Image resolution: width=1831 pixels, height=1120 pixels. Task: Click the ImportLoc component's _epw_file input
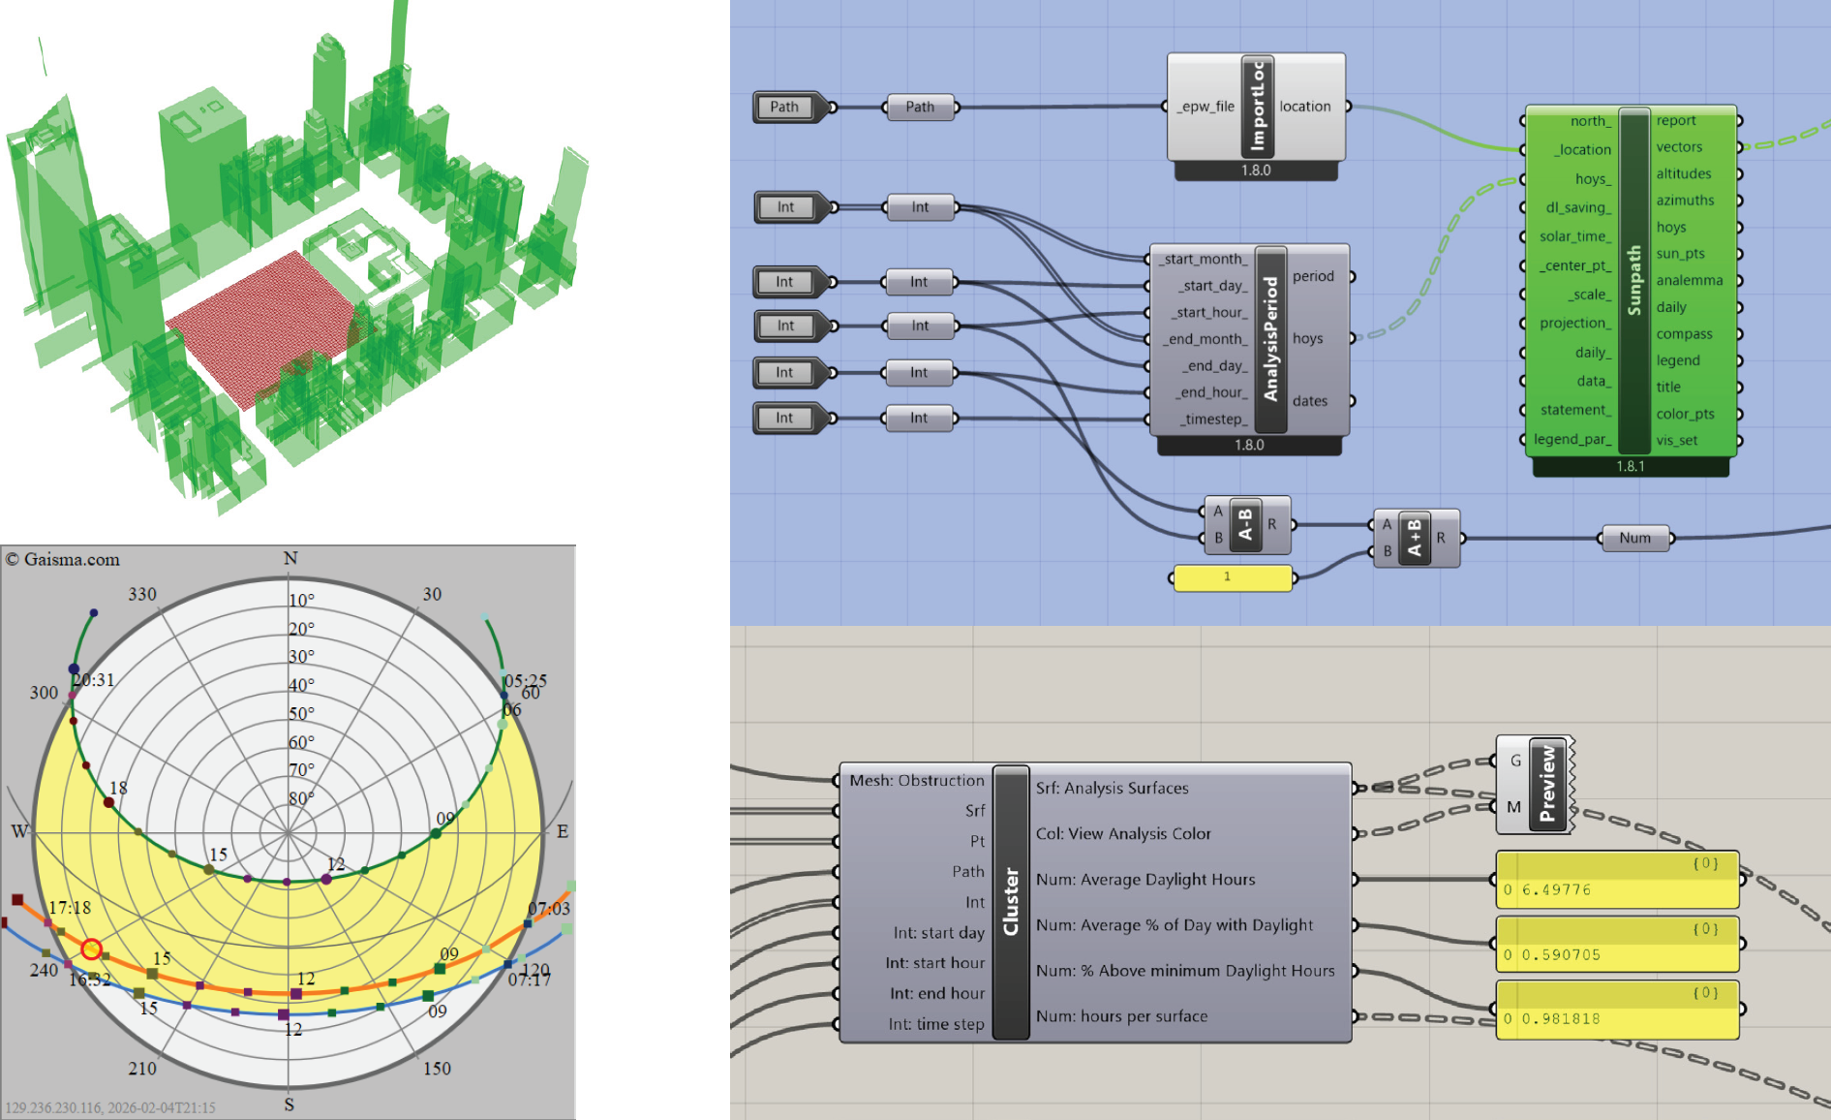click(1205, 107)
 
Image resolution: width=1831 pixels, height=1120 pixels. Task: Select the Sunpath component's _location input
click(1584, 149)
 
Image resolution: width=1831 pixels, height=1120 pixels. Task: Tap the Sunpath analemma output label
click(1689, 280)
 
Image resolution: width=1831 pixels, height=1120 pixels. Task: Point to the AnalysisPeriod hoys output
click(1307, 338)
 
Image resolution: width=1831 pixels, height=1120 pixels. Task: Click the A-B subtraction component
click(1247, 524)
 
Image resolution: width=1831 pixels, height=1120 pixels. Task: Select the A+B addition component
click(1416, 538)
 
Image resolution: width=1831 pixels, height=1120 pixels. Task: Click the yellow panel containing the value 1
click(1233, 577)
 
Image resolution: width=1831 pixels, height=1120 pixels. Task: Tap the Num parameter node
click(1635, 538)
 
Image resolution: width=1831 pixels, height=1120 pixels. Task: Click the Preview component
click(1536, 784)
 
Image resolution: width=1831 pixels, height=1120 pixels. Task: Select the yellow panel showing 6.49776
click(1618, 880)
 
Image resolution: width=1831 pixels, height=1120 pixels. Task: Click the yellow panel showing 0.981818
click(1618, 1010)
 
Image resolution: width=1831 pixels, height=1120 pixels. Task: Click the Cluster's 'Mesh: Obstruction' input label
click(916, 780)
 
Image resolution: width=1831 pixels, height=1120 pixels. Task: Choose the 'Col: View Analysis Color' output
click(1123, 833)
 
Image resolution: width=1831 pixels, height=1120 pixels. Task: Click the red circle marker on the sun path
click(91, 949)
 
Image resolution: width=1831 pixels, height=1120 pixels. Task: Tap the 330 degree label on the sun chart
click(142, 594)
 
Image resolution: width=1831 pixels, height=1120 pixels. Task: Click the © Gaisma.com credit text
click(63, 559)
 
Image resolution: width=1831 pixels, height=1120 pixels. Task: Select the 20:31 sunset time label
click(94, 680)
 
